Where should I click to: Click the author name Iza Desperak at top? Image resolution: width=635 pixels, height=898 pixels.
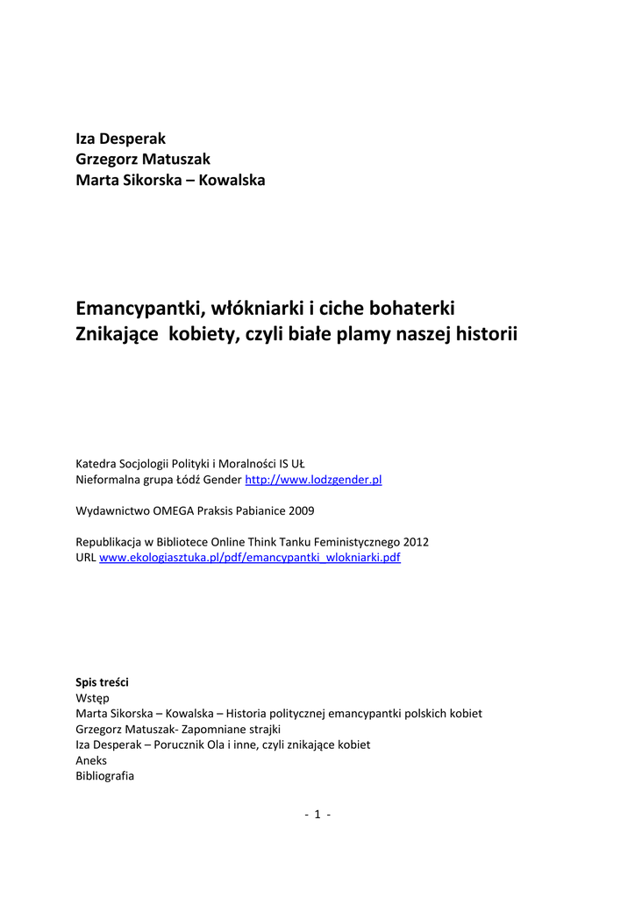[x=120, y=139]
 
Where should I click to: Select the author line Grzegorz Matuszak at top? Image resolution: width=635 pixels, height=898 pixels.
[x=143, y=160]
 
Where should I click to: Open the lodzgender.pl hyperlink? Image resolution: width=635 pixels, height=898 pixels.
[x=313, y=480]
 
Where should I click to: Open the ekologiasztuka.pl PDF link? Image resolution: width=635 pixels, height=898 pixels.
[x=250, y=557]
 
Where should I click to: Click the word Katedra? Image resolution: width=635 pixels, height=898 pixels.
[x=97, y=463]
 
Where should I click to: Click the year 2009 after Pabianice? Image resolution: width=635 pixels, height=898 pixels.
[x=300, y=510]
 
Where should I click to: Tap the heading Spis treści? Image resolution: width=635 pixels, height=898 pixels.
[x=103, y=681]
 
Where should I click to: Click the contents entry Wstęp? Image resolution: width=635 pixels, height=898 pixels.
[x=92, y=697]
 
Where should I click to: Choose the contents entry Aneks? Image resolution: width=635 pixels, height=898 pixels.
[x=91, y=760]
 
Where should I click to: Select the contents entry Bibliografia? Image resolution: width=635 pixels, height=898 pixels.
[x=105, y=776]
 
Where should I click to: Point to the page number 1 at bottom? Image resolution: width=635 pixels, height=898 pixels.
[x=317, y=815]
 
